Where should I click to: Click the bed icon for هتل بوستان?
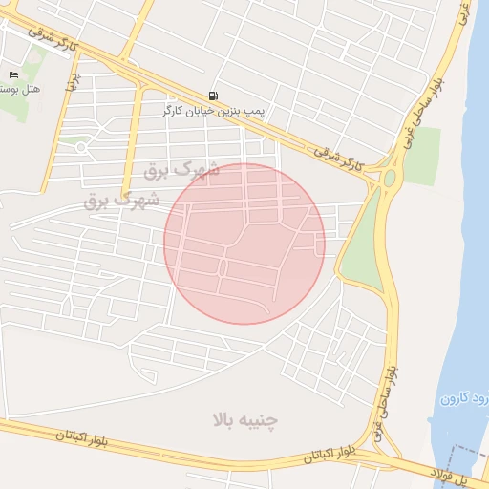pos(13,74)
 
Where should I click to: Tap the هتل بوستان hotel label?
pos(18,89)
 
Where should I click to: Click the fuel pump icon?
pos(212,96)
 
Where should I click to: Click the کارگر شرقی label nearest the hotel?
pos(52,38)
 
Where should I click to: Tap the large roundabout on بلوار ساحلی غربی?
pos(389,178)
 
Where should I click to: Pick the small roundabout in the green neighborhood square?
pos(81,147)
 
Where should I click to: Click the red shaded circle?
pos(244,244)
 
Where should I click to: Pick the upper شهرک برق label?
pos(181,171)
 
